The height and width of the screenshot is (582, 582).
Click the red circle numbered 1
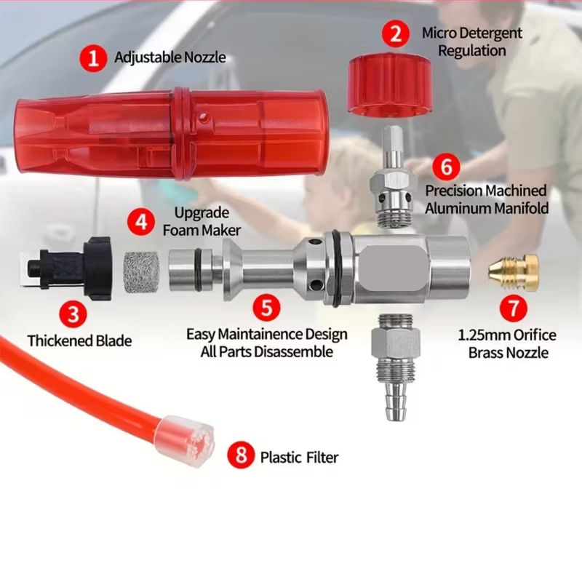(93, 58)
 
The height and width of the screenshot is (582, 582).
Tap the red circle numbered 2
(396, 33)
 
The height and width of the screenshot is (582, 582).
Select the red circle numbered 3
(73, 314)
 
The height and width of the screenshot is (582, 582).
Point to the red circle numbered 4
(141, 222)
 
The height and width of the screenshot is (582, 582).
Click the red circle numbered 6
(446, 167)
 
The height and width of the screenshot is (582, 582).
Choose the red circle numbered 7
(514, 308)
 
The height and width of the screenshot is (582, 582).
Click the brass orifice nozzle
(514, 272)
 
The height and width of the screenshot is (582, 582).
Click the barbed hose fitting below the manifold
(396, 367)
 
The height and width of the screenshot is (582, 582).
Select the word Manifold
(519, 208)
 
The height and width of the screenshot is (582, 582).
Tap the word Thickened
(60, 340)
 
